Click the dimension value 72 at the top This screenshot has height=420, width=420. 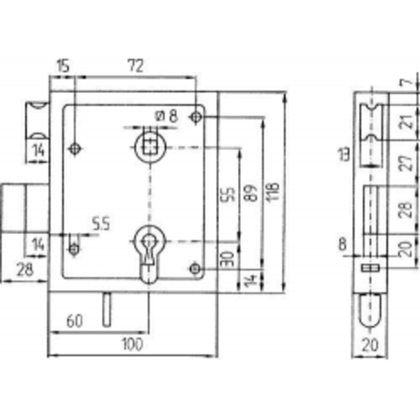(x=136, y=66)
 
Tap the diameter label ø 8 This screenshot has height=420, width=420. (x=166, y=116)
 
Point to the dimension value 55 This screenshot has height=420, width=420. (x=229, y=194)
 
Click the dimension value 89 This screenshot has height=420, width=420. (x=251, y=193)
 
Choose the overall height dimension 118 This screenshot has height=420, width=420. (x=272, y=191)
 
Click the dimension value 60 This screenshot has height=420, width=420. (x=74, y=321)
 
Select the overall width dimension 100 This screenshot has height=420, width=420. (x=132, y=344)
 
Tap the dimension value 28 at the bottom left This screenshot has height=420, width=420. (x=24, y=269)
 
